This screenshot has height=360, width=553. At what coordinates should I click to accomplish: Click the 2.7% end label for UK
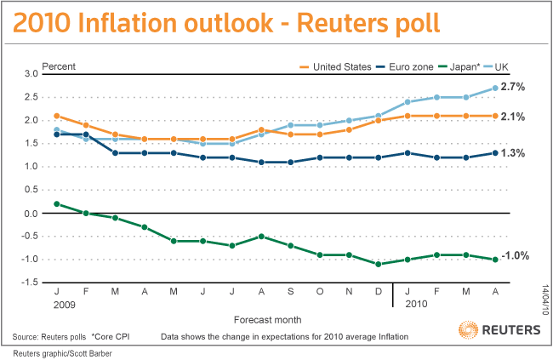(513, 87)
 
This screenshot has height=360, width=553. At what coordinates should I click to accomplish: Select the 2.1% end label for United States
(513, 117)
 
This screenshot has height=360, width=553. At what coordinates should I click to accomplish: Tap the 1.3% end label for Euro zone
(513, 153)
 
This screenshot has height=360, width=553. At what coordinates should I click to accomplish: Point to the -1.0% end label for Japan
(516, 255)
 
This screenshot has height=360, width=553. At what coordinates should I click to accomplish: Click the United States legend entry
(335, 66)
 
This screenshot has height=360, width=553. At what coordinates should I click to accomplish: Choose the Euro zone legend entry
(404, 66)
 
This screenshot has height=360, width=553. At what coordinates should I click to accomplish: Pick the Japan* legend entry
(459, 66)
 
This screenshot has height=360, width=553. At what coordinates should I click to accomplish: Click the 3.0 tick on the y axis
(31, 74)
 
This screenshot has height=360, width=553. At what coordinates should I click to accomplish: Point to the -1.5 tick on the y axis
(30, 283)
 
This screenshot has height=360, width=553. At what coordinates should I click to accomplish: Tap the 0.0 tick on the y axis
(31, 214)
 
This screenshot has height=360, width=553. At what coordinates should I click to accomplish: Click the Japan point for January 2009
(57, 204)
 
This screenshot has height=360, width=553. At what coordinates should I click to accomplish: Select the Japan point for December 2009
(379, 264)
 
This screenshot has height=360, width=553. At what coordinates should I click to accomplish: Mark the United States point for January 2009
(57, 116)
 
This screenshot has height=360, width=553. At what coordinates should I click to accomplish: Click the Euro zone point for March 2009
(115, 153)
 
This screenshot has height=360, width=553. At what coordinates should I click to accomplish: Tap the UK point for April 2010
(495, 88)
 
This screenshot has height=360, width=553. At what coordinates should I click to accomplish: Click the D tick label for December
(379, 292)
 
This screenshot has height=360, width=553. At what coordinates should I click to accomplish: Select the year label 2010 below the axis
(416, 304)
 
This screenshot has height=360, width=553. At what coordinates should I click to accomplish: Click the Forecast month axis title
(268, 320)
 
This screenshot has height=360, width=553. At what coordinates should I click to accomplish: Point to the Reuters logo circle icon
(469, 330)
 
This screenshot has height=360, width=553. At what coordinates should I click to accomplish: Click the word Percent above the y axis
(59, 66)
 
